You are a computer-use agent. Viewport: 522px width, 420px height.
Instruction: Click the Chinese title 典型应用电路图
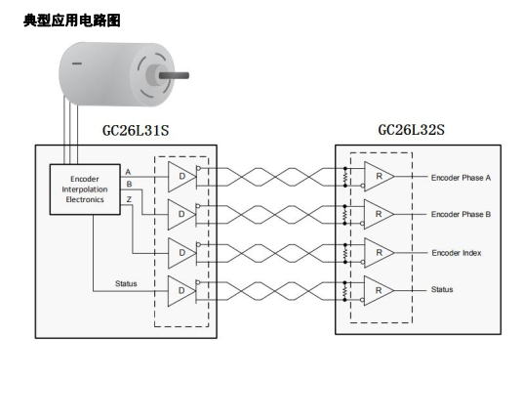click(x=72, y=21)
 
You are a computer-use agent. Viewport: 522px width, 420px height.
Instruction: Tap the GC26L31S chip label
click(x=136, y=130)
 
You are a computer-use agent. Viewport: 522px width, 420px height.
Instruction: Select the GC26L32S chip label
click(x=411, y=130)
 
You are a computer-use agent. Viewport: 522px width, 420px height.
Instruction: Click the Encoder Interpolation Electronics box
click(x=85, y=189)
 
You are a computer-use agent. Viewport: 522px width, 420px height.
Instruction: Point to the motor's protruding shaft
click(x=174, y=75)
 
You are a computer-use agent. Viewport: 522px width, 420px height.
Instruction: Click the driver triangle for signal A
click(x=181, y=177)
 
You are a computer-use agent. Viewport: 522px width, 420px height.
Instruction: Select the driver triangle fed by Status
click(x=181, y=291)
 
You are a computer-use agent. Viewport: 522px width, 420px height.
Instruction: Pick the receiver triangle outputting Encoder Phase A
click(x=380, y=177)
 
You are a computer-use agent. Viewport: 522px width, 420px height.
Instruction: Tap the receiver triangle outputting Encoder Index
click(x=380, y=253)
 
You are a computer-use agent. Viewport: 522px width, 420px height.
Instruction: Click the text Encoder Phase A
click(x=462, y=178)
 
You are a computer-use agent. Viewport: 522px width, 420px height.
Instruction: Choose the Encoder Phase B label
click(x=462, y=214)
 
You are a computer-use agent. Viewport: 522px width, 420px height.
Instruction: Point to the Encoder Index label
click(x=457, y=253)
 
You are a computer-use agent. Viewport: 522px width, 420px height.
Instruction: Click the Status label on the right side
click(x=442, y=289)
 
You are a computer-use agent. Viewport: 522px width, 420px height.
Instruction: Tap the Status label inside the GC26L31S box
click(x=126, y=283)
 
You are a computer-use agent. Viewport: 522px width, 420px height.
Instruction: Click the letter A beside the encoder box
click(x=128, y=172)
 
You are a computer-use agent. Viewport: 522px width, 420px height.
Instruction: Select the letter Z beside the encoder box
click(x=129, y=199)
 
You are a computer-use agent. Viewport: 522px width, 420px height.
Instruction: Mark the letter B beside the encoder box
click(x=129, y=184)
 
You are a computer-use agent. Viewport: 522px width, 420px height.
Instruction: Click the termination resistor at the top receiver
click(x=345, y=177)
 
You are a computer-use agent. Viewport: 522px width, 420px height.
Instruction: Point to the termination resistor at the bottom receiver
click(x=345, y=291)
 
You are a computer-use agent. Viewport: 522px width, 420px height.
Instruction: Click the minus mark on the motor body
click(x=77, y=63)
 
